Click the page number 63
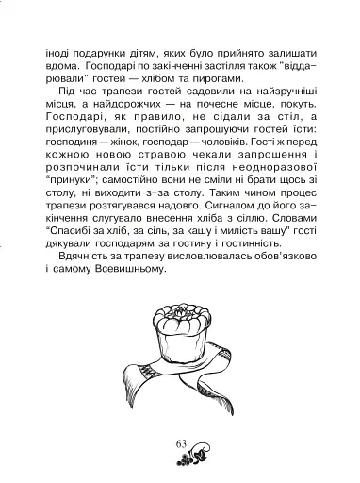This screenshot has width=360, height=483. point(181,444)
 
